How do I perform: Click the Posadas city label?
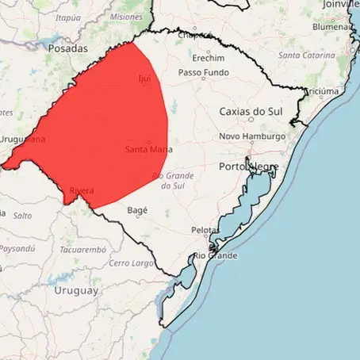(67, 48)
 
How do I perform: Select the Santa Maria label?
(149, 149)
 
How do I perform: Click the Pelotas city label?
(205, 230)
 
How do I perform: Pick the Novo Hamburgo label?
(252, 136)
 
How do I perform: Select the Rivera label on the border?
(82, 191)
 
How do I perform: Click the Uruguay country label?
(76, 290)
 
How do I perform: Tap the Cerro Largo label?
(132, 262)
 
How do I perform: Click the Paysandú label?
(17, 248)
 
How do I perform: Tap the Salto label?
(22, 215)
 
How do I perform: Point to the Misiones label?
(126, 16)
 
